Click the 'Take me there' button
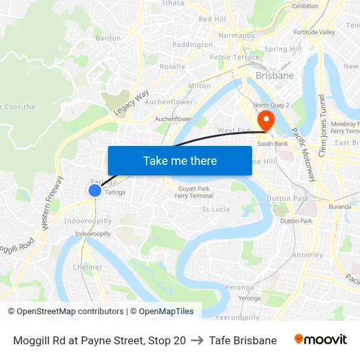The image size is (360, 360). click(180, 160)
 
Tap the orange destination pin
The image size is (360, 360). click(266, 119)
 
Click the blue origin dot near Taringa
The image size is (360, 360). click(95, 190)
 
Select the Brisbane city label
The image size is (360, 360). click(274, 76)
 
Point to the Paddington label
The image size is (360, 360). click(192, 45)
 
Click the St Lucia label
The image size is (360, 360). click(215, 209)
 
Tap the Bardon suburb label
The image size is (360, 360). click(108, 38)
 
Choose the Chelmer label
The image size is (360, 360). click(88, 267)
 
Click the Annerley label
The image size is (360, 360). click(307, 255)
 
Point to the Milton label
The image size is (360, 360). click(200, 86)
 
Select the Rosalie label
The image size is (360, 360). click(172, 66)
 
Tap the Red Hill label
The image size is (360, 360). click(212, 20)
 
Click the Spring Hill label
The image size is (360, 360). click(283, 49)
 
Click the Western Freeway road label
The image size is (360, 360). click(52, 202)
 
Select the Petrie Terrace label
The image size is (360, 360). click(234, 57)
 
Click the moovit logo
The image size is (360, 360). click(320, 340)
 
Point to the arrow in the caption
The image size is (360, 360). click(197, 340)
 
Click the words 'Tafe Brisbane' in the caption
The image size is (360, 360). click(243, 340)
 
